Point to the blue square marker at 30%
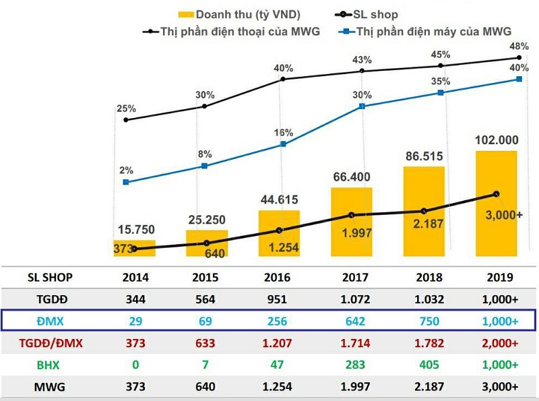[362, 106]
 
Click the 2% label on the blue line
[126, 170]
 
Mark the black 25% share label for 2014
[126, 108]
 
